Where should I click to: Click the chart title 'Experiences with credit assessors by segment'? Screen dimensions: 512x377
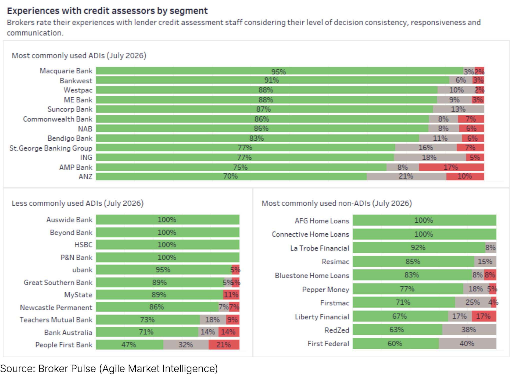pos(107,11)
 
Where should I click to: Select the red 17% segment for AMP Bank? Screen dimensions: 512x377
pos(451,167)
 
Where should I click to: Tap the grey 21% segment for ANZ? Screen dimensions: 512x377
pos(406,176)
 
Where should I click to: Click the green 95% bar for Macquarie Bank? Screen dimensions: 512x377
pos(279,71)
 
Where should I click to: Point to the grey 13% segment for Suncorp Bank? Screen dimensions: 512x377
pos(458,109)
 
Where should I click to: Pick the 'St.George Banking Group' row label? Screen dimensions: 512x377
pos(51,148)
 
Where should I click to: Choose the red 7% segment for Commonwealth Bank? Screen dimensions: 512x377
pos(471,119)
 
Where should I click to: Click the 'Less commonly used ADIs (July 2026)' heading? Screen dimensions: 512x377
pos(78,203)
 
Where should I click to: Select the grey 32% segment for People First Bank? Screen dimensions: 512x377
pos(186,345)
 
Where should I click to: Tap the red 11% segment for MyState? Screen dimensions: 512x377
pos(231,295)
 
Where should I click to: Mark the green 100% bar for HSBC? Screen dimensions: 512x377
pos(168,245)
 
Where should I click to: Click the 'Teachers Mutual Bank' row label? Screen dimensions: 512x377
pos(56,320)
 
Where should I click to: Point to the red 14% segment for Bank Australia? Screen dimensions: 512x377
pos(229,332)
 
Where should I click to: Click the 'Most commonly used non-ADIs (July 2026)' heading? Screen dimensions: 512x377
pos(337,203)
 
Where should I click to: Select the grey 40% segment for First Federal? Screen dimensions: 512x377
pos(467,343)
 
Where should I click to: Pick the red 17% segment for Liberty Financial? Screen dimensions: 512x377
pos(484,316)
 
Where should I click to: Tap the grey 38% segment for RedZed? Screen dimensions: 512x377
pos(469,330)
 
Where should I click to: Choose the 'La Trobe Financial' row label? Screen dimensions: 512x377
pos(319,248)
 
